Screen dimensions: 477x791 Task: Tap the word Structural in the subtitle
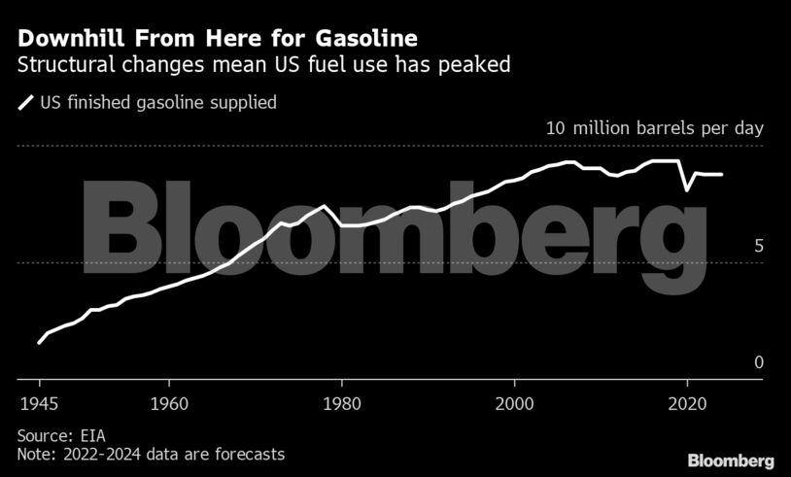pyautogui.click(x=61, y=66)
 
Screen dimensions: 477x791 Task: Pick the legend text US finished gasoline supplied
pyautogui.click(x=157, y=101)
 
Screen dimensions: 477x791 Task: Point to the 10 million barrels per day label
pyautogui.click(x=655, y=128)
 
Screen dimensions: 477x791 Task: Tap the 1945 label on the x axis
pyautogui.click(x=37, y=401)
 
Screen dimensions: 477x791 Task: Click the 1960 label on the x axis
pyautogui.click(x=168, y=401)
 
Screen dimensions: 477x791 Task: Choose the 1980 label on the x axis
pyautogui.click(x=341, y=401)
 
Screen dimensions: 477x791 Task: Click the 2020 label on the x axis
pyautogui.click(x=687, y=401)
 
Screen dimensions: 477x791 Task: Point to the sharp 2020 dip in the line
pyautogui.click(x=687, y=189)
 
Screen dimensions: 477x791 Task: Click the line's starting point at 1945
pyautogui.click(x=39, y=342)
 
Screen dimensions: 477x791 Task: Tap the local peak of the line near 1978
pyautogui.click(x=324, y=206)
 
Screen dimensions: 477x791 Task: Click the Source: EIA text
pyautogui.click(x=60, y=435)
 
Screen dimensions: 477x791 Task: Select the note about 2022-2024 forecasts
pyautogui.click(x=151, y=454)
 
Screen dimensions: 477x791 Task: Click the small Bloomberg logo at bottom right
pyautogui.click(x=731, y=460)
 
